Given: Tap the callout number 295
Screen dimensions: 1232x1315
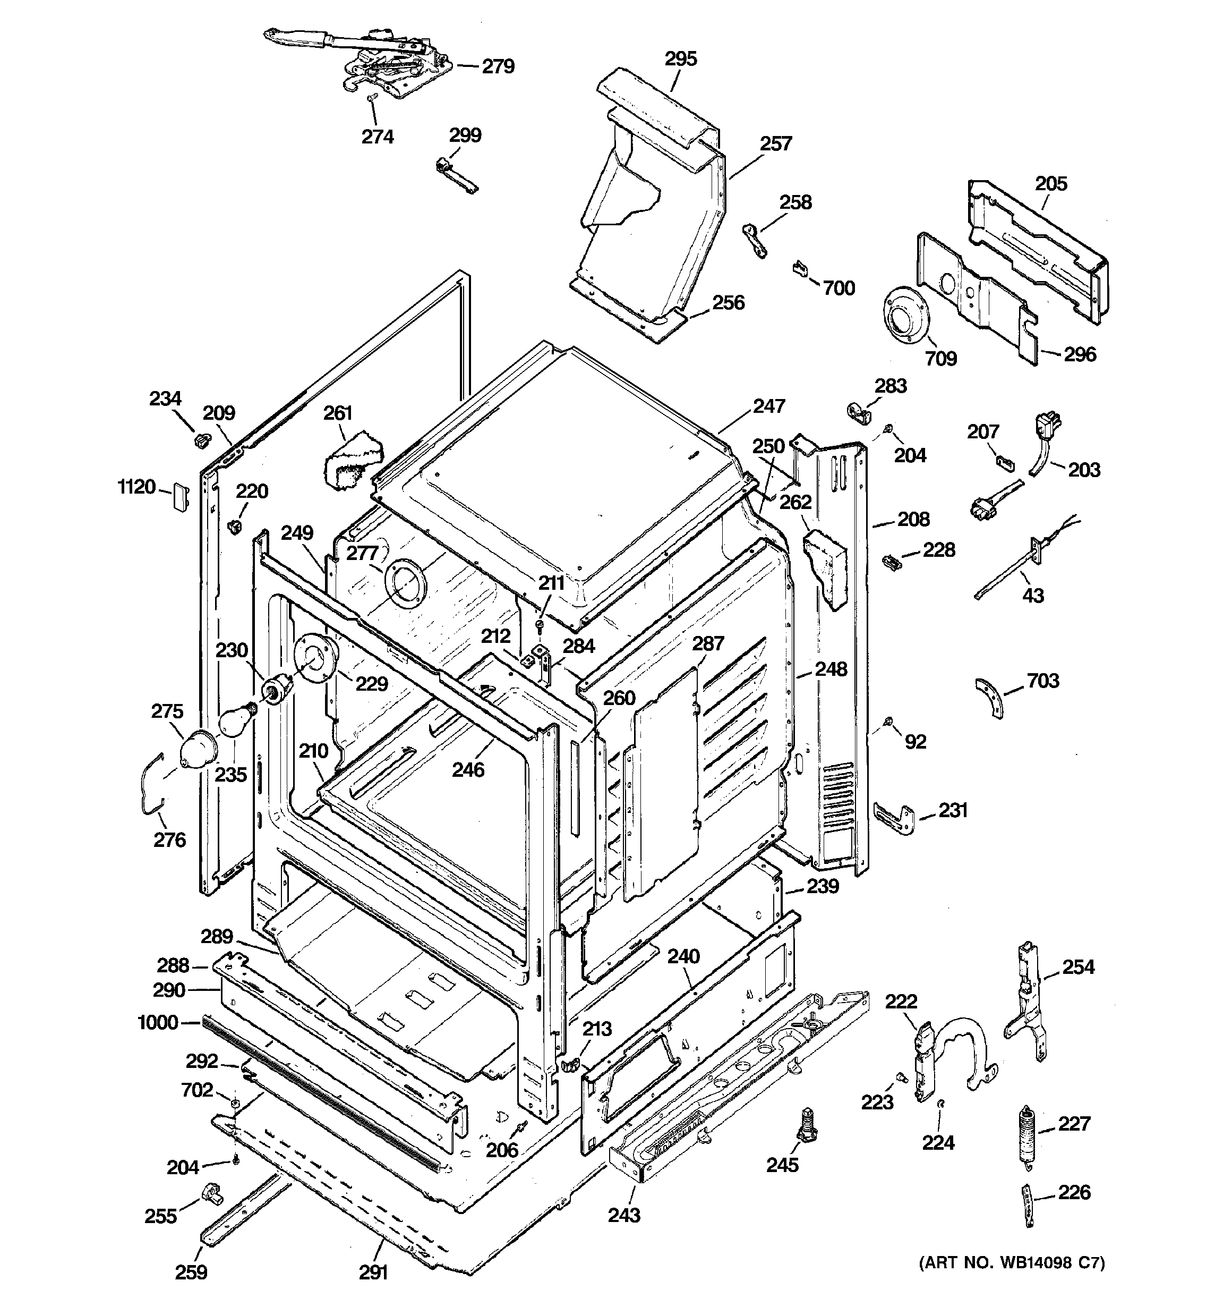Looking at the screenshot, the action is (x=680, y=59).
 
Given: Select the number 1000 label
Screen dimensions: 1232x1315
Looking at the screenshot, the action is (x=158, y=1023).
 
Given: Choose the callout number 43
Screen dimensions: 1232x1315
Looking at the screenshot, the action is (x=1033, y=595).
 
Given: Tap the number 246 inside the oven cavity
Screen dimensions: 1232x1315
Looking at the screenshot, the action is (x=468, y=769).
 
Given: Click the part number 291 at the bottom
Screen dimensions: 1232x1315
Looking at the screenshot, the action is (x=373, y=1272).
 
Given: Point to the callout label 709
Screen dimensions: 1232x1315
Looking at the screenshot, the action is (x=940, y=359).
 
